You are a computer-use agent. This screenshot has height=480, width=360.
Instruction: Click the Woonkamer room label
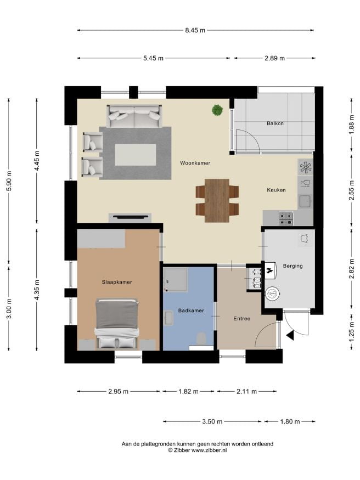(x=195, y=163)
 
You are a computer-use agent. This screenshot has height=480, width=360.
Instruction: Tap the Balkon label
(x=275, y=123)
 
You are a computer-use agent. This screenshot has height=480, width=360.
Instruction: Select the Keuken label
(x=276, y=190)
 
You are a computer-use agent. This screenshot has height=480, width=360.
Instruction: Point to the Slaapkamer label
(x=117, y=283)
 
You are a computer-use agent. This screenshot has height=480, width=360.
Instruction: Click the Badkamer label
(x=191, y=310)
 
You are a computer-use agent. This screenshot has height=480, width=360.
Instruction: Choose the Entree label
(x=242, y=319)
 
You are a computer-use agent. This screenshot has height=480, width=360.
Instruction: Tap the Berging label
(x=292, y=266)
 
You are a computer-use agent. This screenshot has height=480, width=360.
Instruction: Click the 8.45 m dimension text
(x=195, y=30)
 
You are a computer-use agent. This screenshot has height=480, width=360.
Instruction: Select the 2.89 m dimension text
(x=274, y=58)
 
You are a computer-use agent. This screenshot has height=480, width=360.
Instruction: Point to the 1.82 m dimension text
(x=188, y=391)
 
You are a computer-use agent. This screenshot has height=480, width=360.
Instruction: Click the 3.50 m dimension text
(x=212, y=421)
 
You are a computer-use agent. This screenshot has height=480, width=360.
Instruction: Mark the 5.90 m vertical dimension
(x=9, y=181)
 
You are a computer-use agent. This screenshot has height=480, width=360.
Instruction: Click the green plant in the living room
(x=217, y=110)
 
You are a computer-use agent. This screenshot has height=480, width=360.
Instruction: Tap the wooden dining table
(x=217, y=201)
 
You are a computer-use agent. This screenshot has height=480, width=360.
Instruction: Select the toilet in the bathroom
(x=201, y=339)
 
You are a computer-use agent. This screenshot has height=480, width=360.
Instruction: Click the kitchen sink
(x=305, y=201)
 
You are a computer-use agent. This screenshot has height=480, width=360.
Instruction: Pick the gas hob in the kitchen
(x=286, y=218)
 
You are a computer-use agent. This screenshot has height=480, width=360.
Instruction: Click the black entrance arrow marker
(x=290, y=336)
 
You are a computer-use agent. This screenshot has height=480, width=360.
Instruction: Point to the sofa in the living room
(x=134, y=116)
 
